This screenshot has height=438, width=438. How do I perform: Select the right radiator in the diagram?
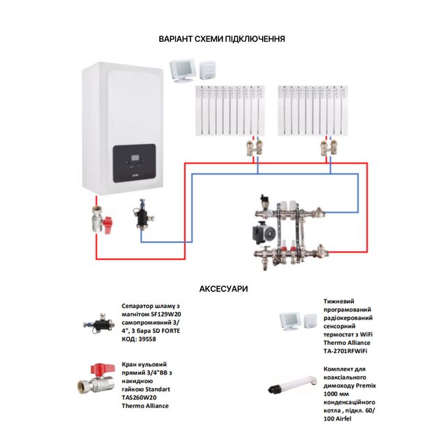pyautogui.click(x=311, y=111)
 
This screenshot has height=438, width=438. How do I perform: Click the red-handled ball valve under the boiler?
pyautogui.click(x=100, y=221)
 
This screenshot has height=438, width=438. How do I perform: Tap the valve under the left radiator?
pyautogui.click(x=252, y=147)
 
